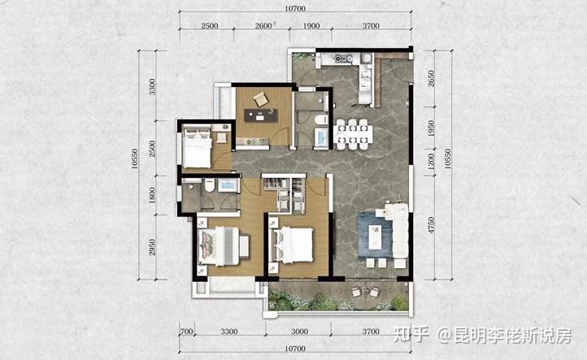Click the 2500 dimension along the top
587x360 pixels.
209,26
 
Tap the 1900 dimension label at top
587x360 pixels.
311,26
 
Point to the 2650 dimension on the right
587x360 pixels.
431,79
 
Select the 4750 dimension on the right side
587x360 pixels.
431,225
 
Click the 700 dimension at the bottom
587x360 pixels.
186,332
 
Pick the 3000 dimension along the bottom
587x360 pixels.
299,332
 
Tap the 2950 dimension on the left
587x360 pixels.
152,247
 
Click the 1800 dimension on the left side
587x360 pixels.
152,195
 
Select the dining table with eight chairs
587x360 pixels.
353,134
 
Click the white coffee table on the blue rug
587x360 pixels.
375,236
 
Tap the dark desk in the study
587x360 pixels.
261,115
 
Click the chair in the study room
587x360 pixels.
260,99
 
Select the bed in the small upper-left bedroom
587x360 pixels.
197,147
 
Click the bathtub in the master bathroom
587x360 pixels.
228,185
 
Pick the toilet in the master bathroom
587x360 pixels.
209,184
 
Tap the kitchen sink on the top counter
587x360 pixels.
343,59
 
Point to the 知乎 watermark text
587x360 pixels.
411,334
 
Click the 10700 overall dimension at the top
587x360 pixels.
295,8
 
